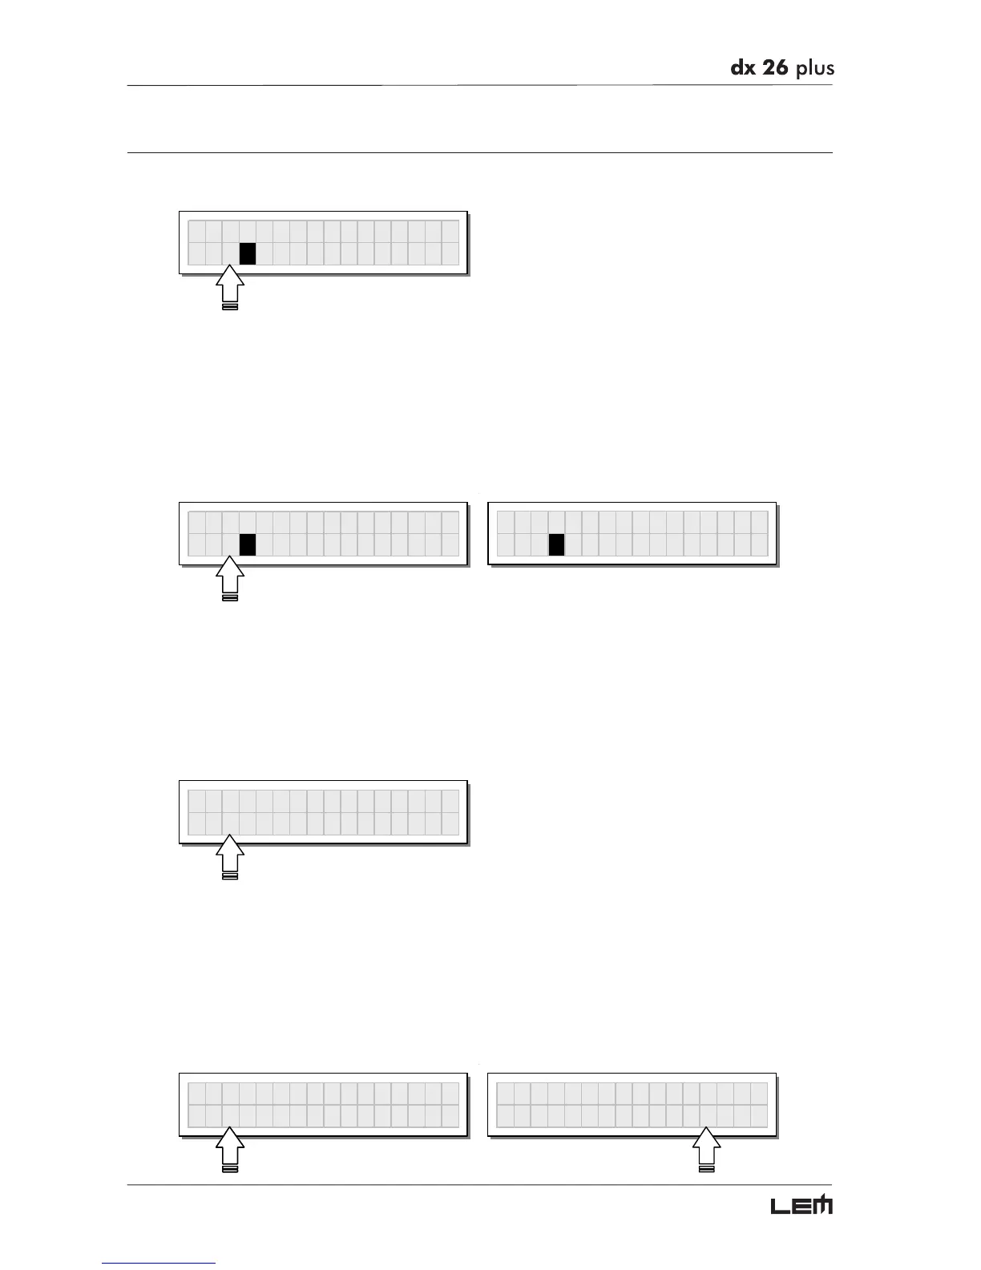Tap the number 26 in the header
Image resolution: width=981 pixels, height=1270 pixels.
pyautogui.click(x=774, y=68)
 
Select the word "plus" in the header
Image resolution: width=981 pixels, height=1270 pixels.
pyautogui.click(x=815, y=70)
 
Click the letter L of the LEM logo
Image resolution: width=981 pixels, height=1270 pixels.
pyautogui.click(x=781, y=1206)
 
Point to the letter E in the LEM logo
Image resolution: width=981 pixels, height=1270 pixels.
pyautogui.click(x=802, y=1206)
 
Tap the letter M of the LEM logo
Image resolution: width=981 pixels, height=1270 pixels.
pyautogui.click(x=823, y=1205)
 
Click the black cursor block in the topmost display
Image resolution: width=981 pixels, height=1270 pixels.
pyautogui.click(x=248, y=253)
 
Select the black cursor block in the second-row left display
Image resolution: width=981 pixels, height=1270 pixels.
pyautogui.click(x=248, y=544)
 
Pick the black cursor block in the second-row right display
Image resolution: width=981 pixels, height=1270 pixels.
pyautogui.click(x=556, y=544)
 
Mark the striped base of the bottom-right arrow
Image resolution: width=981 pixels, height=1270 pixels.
pyautogui.click(x=706, y=1169)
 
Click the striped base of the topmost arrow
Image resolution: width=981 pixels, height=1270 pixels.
pyautogui.click(x=230, y=306)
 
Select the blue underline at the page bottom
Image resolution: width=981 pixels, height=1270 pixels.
pyautogui.click(x=159, y=1263)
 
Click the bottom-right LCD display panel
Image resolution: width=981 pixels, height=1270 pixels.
pyautogui.click(x=632, y=1104)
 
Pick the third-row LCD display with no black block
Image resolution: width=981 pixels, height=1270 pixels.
pyautogui.click(x=323, y=811)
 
